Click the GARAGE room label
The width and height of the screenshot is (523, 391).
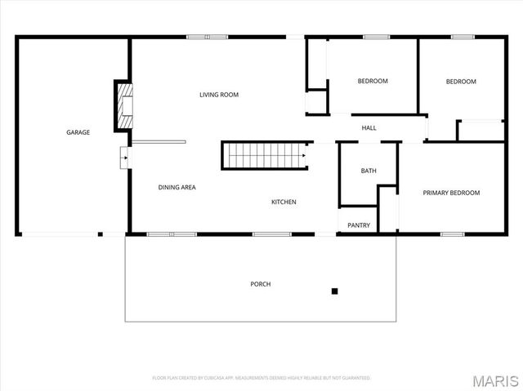[78, 132]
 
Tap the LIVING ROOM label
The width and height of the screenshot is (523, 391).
[219, 95]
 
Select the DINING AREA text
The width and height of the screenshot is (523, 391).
[177, 188]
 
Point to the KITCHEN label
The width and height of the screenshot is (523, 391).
[284, 202]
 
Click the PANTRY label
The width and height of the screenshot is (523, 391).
[359, 225]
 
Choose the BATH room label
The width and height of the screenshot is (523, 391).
[369, 171]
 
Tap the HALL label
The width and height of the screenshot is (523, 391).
[369, 128]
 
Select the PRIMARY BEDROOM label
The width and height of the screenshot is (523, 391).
[451, 193]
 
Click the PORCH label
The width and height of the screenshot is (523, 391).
[261, 284]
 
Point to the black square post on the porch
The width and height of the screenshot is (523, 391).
[334, 291]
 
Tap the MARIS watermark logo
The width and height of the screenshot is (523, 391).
[495, 380]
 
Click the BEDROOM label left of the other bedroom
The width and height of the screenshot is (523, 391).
[373, 81]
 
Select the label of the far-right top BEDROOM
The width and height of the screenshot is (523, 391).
[461, 81]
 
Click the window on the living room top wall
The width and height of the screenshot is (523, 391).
[207, 36]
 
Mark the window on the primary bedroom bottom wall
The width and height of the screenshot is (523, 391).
[453, 234]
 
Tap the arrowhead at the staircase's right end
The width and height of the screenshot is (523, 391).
[304, 153]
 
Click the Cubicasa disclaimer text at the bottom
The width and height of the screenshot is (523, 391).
[261, 378]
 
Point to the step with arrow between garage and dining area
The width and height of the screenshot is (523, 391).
[123, 158]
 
